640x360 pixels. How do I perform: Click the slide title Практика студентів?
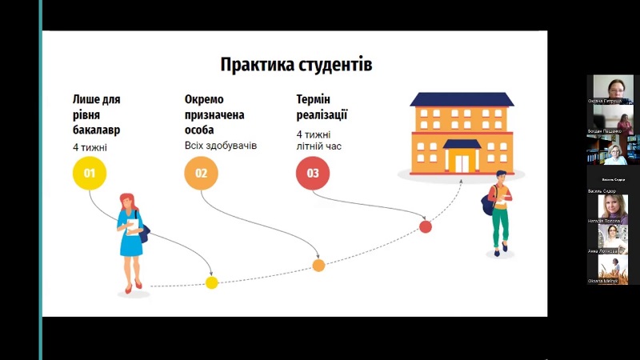pos(296,64)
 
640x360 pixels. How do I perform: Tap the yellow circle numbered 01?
pos(90,173)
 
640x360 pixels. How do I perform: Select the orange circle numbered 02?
pos(202,173)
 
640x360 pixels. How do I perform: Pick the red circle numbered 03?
pos(313,173)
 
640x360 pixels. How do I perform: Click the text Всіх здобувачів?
pos(221,146)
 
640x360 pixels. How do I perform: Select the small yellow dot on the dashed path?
pos(211,282)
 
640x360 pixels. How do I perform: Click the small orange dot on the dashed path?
pos(318,265)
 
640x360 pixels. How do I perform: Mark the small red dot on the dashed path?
pos(426,226)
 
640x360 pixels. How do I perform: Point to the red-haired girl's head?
pos(127,201)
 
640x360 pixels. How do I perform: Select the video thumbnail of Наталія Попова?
pos(613,208)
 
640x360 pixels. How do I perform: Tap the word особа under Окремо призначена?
pos(200,130)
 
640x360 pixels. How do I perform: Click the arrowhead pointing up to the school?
pos(463,182)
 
